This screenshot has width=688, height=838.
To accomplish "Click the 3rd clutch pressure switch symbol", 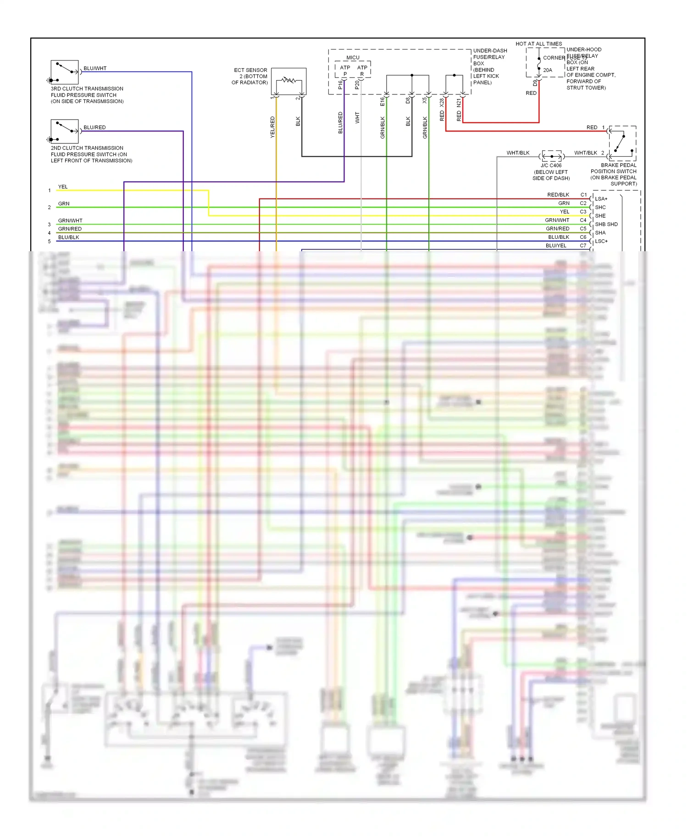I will point(65,72).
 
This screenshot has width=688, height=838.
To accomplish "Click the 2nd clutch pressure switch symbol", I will point(65,131).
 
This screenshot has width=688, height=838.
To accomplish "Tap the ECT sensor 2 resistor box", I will point(289,81).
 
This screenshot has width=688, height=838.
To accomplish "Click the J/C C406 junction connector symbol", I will point(552,157).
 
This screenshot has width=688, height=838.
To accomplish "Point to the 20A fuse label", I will point(548,70).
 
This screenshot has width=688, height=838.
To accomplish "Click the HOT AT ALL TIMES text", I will point(538,44).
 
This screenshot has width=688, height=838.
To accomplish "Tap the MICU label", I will point(353,58).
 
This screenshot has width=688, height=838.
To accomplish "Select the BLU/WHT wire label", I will point(95,68).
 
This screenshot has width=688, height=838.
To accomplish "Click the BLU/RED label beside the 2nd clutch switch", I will point(94,127).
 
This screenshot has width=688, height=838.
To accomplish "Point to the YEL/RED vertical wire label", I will point(272,127).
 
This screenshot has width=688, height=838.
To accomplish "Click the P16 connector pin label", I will point(340,85).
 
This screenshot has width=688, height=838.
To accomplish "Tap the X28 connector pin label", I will point(442,102).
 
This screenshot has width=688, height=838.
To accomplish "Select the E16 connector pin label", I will point(383,101).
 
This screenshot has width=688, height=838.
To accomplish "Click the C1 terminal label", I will point(583,195).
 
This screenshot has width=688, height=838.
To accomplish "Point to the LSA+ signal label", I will point(601,199).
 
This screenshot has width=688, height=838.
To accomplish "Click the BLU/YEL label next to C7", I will point(556,246).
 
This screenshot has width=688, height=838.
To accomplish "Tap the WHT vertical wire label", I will point(357,118).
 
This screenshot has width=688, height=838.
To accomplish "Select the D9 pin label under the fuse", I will point(535,83).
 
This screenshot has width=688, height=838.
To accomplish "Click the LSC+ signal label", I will point(601,241).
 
